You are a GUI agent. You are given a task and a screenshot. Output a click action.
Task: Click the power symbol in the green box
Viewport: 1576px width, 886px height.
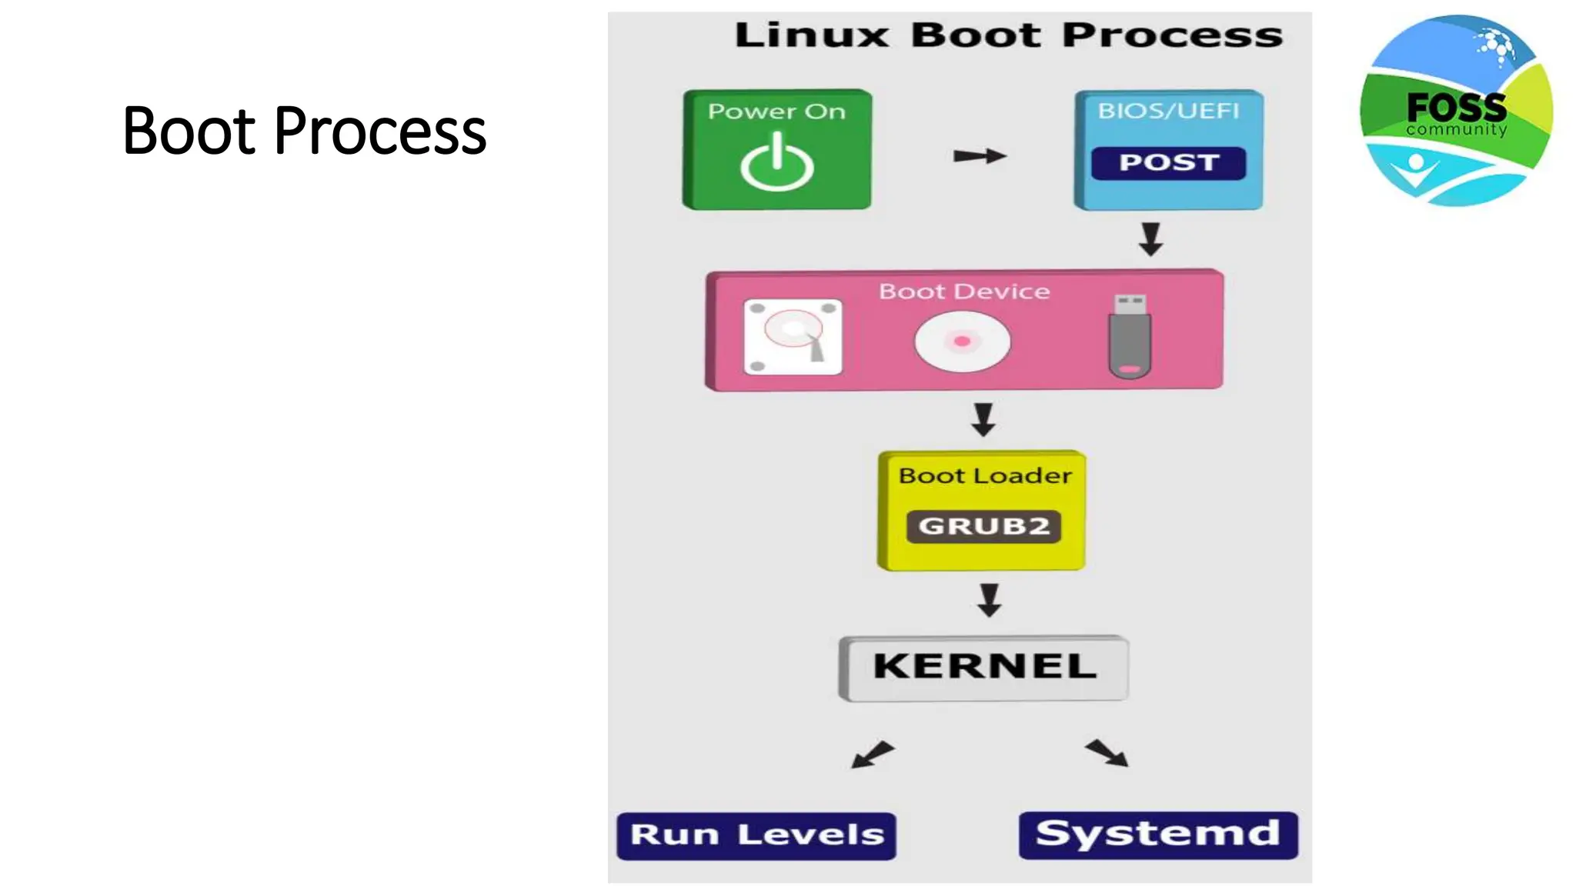(x=776, y=163)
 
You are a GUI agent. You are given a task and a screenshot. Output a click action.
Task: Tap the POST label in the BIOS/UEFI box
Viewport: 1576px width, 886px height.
(x=1168, y=163)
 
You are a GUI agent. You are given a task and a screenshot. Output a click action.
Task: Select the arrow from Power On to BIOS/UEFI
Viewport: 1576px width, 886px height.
(x=979, y=156)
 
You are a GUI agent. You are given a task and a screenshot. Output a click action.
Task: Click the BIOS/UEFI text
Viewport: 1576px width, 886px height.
(x=1168, y=112)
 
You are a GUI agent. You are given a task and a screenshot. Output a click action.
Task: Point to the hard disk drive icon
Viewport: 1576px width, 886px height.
(x=793, y=337)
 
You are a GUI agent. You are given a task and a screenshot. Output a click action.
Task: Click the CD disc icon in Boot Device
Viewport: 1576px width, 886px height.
(x=962, y=341)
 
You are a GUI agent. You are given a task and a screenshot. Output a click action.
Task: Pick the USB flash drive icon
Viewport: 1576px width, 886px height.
(x=1129, y=336)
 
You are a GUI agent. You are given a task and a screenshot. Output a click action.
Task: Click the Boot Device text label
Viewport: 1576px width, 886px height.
(x=964, y=291)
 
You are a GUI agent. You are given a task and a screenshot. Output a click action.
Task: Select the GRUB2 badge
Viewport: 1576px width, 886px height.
(x=983, y=526)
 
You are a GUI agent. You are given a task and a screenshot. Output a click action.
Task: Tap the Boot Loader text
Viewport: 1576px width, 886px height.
(x=984, y=476)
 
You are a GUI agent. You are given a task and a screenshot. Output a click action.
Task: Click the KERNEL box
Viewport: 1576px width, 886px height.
(x=983, y=667)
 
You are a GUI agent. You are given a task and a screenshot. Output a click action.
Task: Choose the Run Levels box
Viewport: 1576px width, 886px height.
(x=756, y=835)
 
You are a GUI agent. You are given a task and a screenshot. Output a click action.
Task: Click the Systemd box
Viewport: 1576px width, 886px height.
(x=1158, y=834)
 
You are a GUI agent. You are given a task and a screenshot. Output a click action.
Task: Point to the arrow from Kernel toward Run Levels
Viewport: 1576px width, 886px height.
(x=873, y=754)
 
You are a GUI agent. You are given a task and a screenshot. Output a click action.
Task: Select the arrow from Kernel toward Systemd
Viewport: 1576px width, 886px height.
(x=1107, y=753)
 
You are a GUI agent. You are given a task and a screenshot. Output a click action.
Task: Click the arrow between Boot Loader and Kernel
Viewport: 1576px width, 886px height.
(x=989, y=600)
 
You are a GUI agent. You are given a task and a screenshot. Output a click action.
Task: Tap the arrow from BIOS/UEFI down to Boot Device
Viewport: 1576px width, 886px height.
(x=1150, y=239)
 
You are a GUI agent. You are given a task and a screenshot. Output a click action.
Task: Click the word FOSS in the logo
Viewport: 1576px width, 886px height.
(x=1456, y=106)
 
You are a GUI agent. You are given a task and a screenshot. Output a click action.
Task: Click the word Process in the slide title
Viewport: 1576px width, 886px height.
(x=380, y=132)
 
